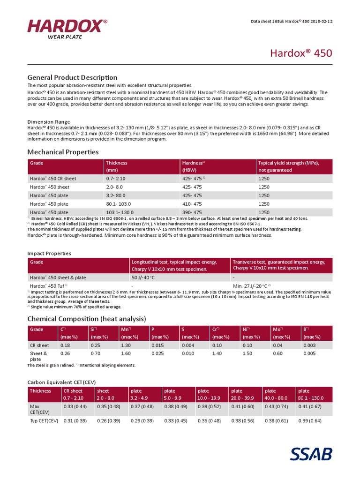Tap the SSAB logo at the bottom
[x=311, y=454]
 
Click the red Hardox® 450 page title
[x=301, y=53]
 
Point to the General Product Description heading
[x=72, y=77]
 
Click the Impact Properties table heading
[x=49, y=253]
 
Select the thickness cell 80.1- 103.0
[x=118, y=204]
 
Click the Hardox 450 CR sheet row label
[x=52, y=179]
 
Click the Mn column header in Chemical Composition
[x=126, y=330]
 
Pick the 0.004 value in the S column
[x=187, y=345]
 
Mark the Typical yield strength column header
[x=288, y=166]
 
